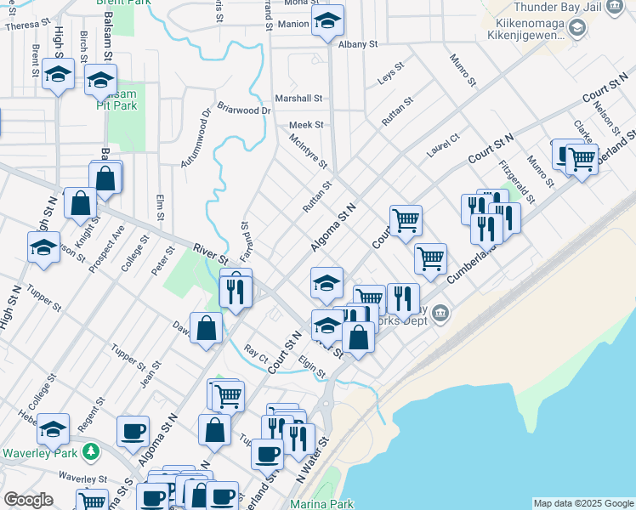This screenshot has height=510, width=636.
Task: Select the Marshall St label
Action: (x=304, y=99)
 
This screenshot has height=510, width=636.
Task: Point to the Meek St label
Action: (x=306, y=124)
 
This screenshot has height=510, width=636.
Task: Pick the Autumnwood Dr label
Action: (x=195, y=136)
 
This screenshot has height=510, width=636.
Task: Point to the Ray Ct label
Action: (x=255, y=349)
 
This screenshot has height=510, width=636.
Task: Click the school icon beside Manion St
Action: (x=326, y=24)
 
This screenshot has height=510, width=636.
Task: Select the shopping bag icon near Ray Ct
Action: (x=207, y=329)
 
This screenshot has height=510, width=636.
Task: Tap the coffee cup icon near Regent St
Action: (x=133, y=431)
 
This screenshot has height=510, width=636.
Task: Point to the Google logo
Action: (x=28, y=501)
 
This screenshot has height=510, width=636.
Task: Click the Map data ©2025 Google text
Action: (x=583, y=503)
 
